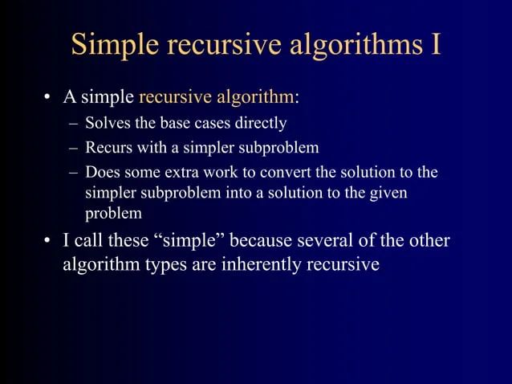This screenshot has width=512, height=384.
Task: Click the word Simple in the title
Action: tap(116, 45)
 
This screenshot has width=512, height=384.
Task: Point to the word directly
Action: tap(262, 124)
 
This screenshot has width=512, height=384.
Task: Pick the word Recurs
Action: tap(108, 148)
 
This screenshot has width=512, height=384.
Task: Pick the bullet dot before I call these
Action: tap(48, 243)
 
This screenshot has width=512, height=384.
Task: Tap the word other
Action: tap(427, 242)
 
